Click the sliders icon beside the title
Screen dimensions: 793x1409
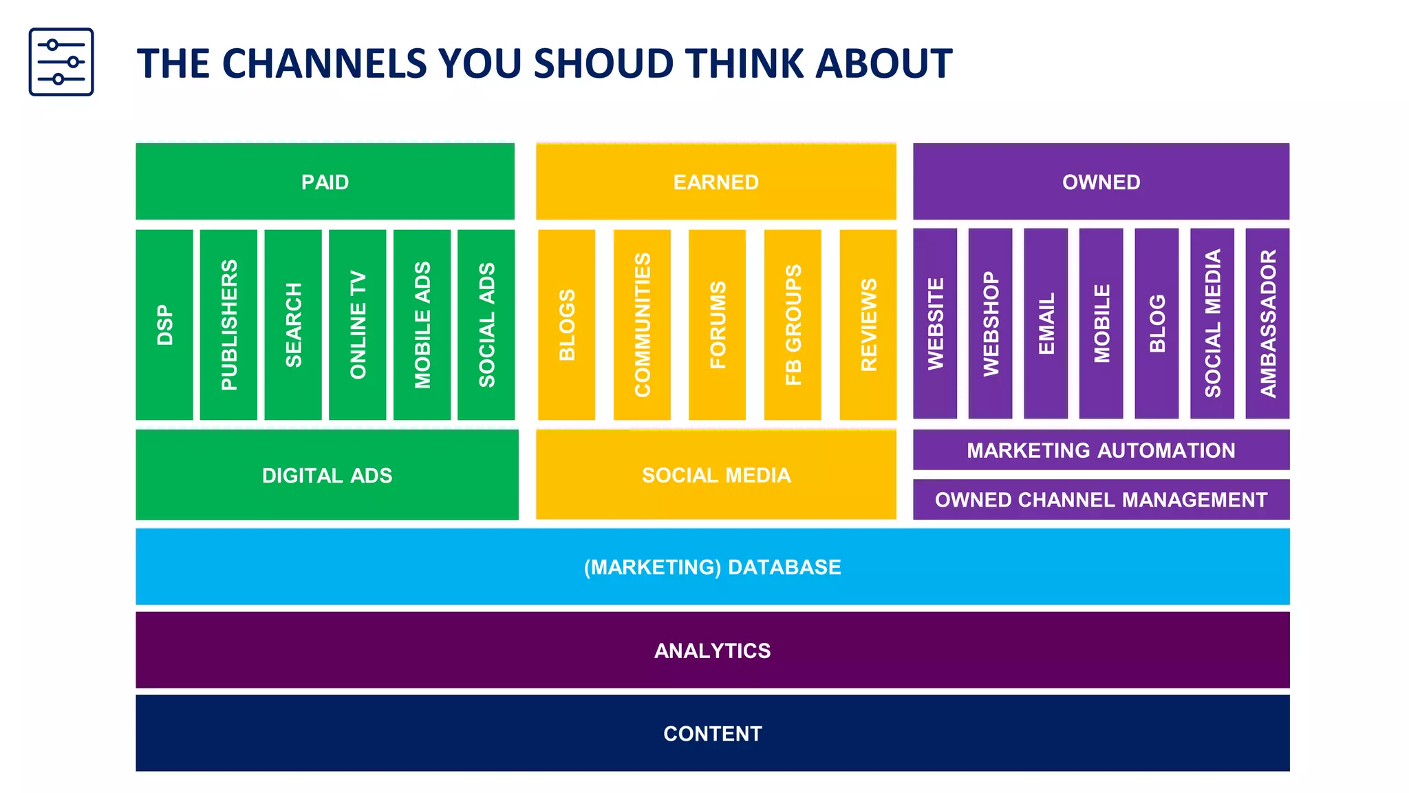61,62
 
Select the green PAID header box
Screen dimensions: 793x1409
325,182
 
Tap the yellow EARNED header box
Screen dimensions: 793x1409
716,182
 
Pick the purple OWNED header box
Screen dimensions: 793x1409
1101,182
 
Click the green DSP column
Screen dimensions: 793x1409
164,324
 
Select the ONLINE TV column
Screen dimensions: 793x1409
358,324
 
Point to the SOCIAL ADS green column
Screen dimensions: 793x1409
486,324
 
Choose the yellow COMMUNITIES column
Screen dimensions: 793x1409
642,324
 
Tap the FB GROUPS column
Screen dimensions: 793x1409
793,324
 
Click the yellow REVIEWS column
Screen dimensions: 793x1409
868,324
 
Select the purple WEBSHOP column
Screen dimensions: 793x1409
990,324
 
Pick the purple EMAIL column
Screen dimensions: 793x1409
1046,324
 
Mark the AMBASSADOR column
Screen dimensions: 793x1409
1267,324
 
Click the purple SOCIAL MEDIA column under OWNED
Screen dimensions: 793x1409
1212,324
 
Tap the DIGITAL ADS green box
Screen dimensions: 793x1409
327,475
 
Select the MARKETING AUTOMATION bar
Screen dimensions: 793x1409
1101,450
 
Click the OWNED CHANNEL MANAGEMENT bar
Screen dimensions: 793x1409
1101,500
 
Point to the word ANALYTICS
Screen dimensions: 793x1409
712,651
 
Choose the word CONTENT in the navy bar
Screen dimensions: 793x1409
712,734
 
